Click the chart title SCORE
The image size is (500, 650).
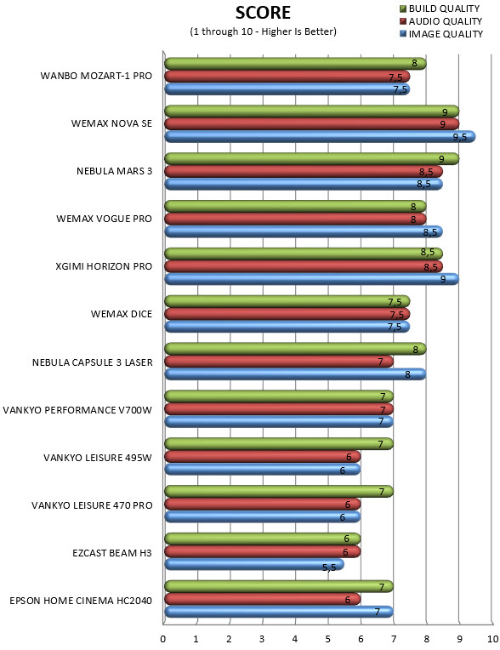pyautogui.click(x=263, y=13)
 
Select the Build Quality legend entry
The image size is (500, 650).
pyautogui.click(x=440, y=9)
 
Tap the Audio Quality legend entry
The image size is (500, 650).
pyautogui.click(x=440, y=21)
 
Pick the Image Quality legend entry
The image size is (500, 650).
pyautogui.click(x=441, y=34)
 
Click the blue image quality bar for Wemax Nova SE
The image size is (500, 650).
pyautogui.click(x=320, y=137)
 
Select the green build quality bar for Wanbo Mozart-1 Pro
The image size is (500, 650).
pyautogui.click(x=295, y=64)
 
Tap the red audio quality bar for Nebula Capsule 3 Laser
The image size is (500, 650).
pyautogui.click(x=279, y=362)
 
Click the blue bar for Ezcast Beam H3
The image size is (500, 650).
pyautogui.click(x=254, y=564)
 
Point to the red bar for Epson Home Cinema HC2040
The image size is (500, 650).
pyautogui.click(x=263, y=599)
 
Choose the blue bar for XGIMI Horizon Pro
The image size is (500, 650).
pyautogui.click(x=311, y=279)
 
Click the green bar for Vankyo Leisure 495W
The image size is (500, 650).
pyautogui.click(x=279, y=443)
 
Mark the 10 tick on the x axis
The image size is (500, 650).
pyautogui.click(x=492, y=639)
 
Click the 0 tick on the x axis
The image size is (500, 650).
pyautogui.click(x=162, y=639)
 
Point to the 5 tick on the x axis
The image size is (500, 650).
pyautogui.click(x=327, y=639)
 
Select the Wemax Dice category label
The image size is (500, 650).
pyautogui.click(x=122, y=314)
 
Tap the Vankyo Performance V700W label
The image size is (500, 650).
pyautogui.click(x=77, y=410)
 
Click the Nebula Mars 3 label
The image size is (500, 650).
pyautogui.click(x=114, y=171)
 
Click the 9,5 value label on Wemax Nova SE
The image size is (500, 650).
pyautogui.click(x=460, y=137)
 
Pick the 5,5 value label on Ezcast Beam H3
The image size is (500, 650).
pyautogui.click(x=329, y=567)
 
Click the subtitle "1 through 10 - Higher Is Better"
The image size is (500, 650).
pyautogui.click(x=263, y=31)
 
